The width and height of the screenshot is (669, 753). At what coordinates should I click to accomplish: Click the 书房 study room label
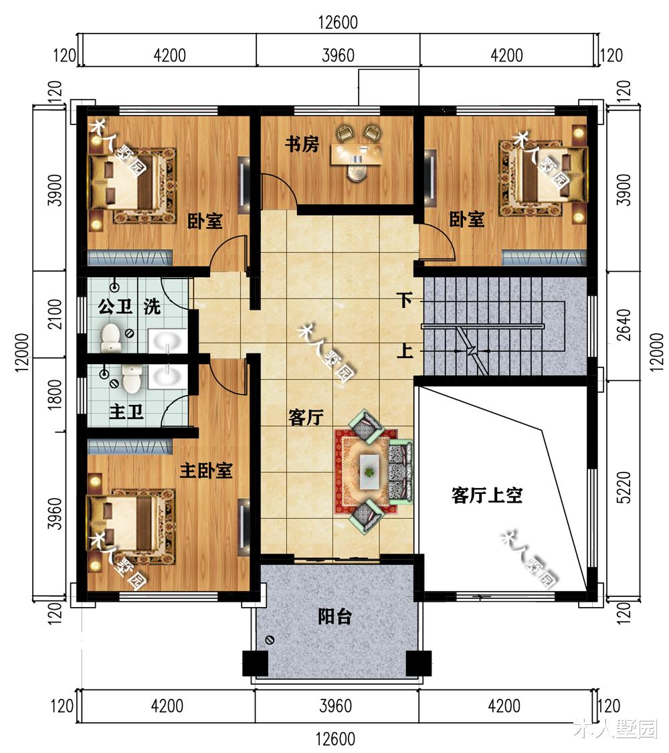click(302, 144)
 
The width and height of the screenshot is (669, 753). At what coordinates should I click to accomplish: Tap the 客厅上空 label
click(486, 496)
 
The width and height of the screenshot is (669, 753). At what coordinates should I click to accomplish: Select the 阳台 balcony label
click(334, 616)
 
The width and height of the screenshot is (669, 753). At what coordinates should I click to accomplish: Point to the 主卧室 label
click(206, 471)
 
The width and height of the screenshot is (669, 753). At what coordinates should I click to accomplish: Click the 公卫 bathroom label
click(112, 308)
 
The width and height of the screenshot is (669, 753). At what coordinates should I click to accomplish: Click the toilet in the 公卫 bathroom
click(110, 337)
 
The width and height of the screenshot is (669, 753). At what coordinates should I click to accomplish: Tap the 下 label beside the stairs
click(403, 299)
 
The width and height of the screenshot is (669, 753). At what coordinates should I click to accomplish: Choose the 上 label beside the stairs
click(403, 351)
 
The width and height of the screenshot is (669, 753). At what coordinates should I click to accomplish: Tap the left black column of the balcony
click(254, 663)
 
